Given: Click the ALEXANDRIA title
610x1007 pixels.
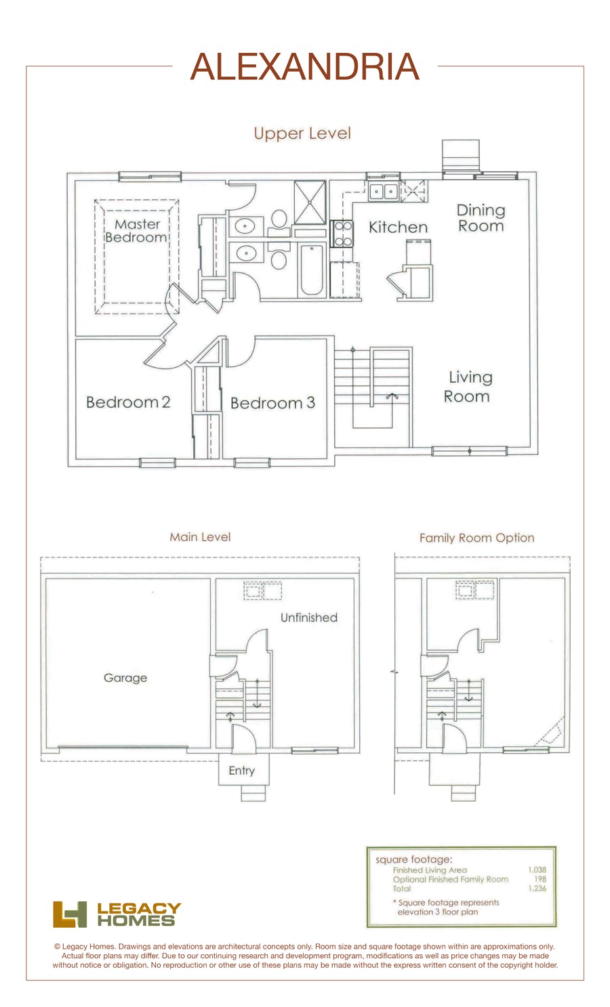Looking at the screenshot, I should tap(304, 66).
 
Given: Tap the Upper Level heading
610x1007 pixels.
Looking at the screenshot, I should tap(302, 133).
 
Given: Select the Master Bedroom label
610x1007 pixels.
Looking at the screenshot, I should tap(136, 231).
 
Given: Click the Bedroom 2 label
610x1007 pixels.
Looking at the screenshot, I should tap(128, 402).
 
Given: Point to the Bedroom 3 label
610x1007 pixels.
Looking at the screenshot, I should tap(272, 403).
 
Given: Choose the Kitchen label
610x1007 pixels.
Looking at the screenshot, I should tap(398, 228).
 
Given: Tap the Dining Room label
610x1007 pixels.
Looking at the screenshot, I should tap(481, 218).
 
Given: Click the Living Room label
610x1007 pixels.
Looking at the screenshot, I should tap(468, 387).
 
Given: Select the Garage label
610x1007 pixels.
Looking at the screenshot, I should tap(125, 678).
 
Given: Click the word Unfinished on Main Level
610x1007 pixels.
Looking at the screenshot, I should tap(309, 618).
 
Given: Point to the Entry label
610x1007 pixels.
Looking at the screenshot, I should tap(241, 771).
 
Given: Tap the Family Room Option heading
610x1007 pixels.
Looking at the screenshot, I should tap(476, 538).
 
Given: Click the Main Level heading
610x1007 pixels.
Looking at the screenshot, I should tap(200, 537).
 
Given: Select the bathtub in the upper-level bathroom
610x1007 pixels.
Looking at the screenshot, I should tap(311, 270).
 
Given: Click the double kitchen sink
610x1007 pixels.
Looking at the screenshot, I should tap(384, 192).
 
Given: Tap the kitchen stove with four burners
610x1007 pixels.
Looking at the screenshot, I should tap(343, 234).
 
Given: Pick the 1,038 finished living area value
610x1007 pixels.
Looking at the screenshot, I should tap(537, 870).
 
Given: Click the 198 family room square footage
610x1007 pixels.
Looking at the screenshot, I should tap(540, 879).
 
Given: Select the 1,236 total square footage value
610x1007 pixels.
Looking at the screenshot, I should tap(537, 888).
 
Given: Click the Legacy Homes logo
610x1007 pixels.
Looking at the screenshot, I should tap(117, 914).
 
